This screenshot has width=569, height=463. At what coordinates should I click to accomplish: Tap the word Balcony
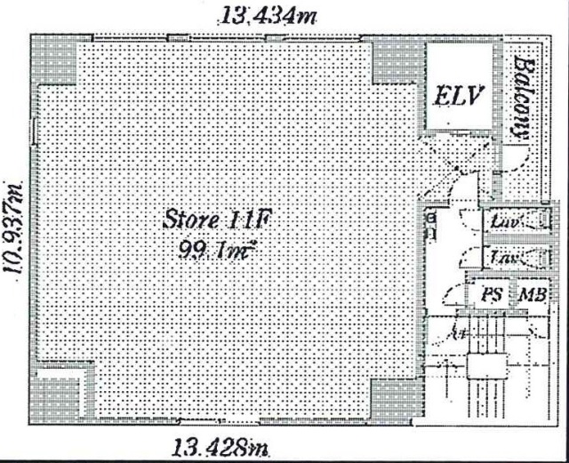click(x=525, y=98)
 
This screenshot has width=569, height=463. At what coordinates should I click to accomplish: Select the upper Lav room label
click(x=504, y=222)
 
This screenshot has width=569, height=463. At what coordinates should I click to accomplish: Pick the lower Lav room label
click(x=504, y=258)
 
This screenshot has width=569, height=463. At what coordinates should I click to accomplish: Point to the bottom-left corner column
click(x=62, y=396)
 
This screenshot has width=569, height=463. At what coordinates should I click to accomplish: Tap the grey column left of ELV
click(x=392, y=60)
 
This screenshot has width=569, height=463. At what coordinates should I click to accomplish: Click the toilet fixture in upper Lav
click(x=539, y=221)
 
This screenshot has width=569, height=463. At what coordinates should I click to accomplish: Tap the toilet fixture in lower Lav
click(x=539, y=258)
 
